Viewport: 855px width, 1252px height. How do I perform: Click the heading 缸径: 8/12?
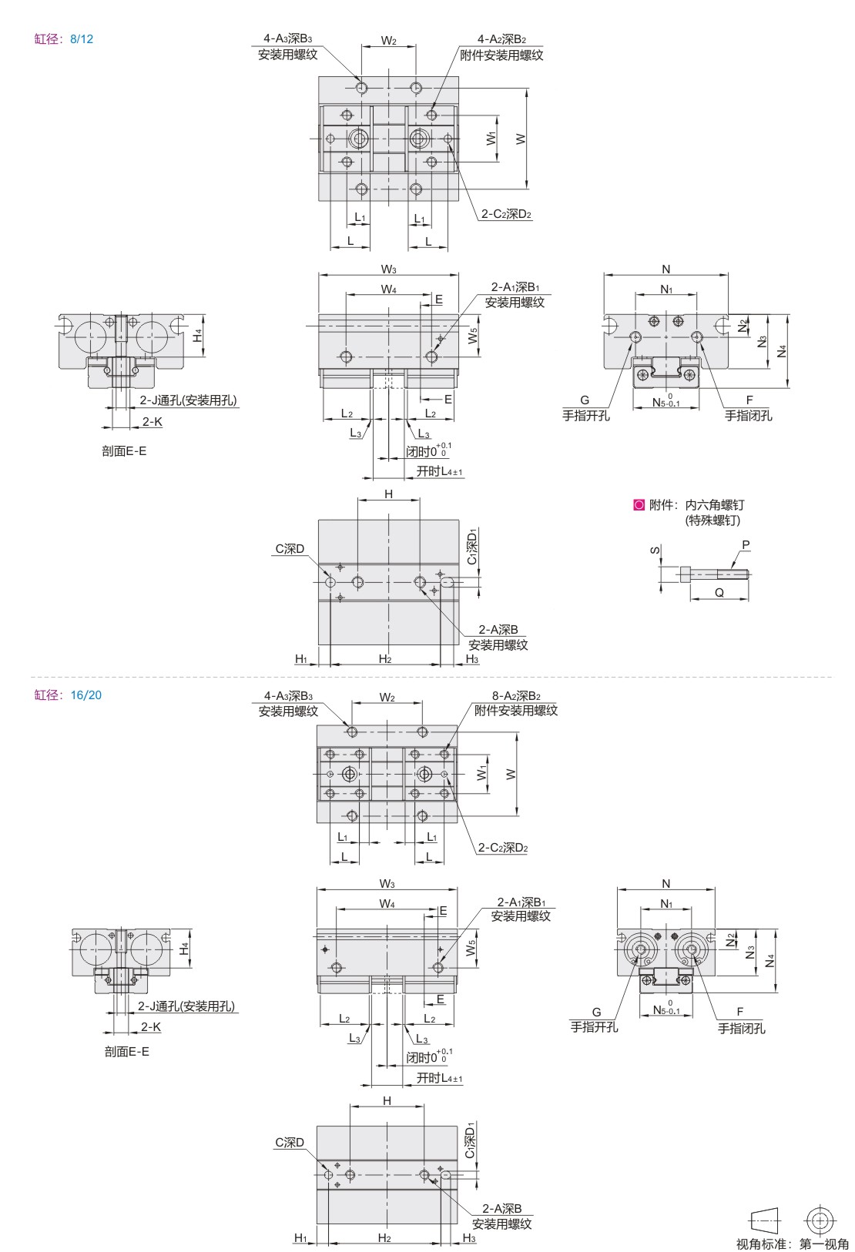click(x=64, y=39)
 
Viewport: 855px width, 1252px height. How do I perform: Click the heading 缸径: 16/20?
click(x=68, y=695)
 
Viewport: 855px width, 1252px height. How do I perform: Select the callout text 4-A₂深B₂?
click(x=501, y=39)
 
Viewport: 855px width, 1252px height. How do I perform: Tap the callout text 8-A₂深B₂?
click(x=515, y=696)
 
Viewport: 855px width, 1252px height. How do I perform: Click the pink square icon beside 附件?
click(x=639, y=505)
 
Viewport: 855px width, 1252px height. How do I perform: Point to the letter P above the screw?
click(x=746, y=544)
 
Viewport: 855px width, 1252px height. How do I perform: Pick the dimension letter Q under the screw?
click(x=719, y=592)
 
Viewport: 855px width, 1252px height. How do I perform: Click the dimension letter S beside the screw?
click(x=655, y=550)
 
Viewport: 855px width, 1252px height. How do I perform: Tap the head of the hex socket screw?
click(x=686, y=574)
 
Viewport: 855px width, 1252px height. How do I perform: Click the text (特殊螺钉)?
click(x=712, y=521)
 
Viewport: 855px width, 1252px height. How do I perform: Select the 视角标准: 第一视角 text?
click(x=793, y=1244)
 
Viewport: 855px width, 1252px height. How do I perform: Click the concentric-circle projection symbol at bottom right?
click(x=820, y=1220)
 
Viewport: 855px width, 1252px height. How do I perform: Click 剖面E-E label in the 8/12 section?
click(x=124, y=451)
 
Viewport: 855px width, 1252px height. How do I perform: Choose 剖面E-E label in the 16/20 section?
click(x=127, y=1051)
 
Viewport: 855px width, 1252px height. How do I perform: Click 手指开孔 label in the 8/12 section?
click(x=585, y=415)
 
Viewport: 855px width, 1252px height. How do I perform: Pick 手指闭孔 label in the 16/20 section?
click(x=741, y=1028)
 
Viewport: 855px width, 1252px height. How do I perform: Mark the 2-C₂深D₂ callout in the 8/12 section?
click(x=506, y=214)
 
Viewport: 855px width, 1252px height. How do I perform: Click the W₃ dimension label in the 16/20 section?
click(x=387, y=884)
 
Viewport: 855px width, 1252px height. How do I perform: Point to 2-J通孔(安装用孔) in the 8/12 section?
click(x=189, y=400)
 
